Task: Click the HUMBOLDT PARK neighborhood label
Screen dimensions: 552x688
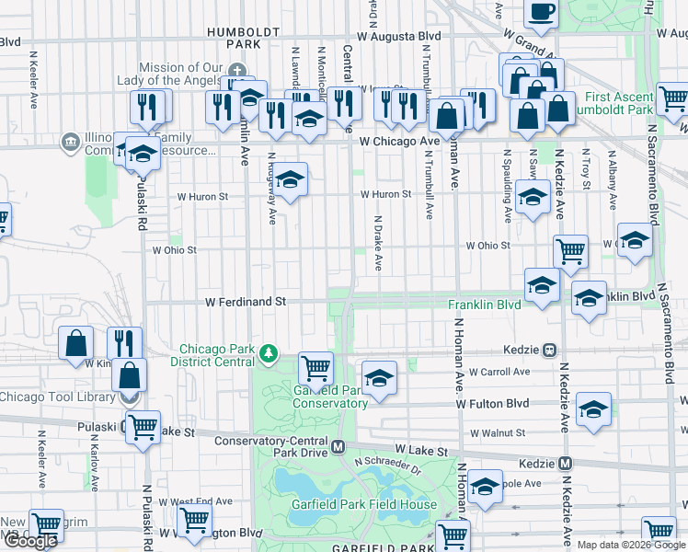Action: pos(243,37)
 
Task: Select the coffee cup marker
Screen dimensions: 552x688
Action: pos(541,11)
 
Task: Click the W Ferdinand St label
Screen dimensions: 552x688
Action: pos(246,302)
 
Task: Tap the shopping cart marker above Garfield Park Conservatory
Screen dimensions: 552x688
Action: pos(316,368)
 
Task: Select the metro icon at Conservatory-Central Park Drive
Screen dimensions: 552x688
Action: pos(338,447)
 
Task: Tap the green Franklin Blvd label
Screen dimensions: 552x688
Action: pos(484,305)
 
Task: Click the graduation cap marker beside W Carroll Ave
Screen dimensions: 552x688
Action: pos(378,377)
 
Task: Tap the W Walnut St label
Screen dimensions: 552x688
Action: pos(497,432)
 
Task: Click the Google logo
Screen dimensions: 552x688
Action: pos(30,541)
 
